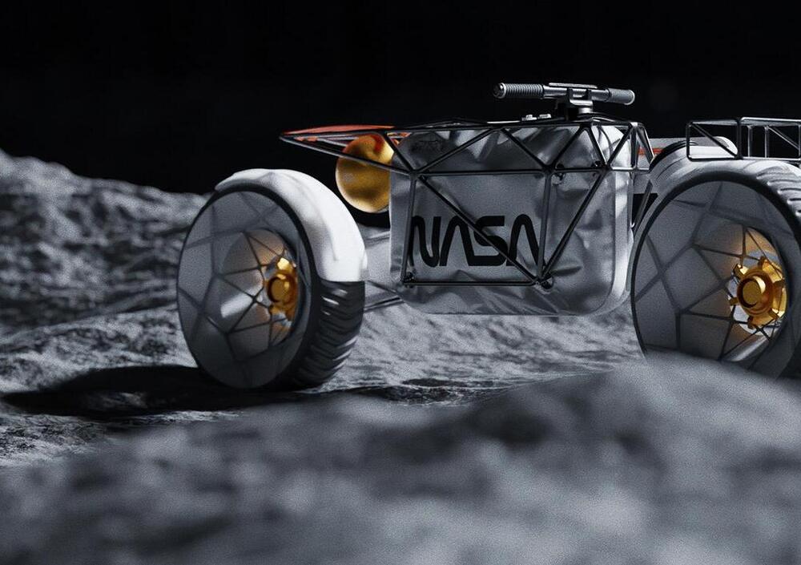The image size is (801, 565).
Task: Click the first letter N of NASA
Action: [427, 240]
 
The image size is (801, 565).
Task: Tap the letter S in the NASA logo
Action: [493, 240]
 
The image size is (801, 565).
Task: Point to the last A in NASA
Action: [524, 240]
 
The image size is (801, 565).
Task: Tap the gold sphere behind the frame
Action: [364, 172]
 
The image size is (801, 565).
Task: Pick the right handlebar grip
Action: [619, 96]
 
